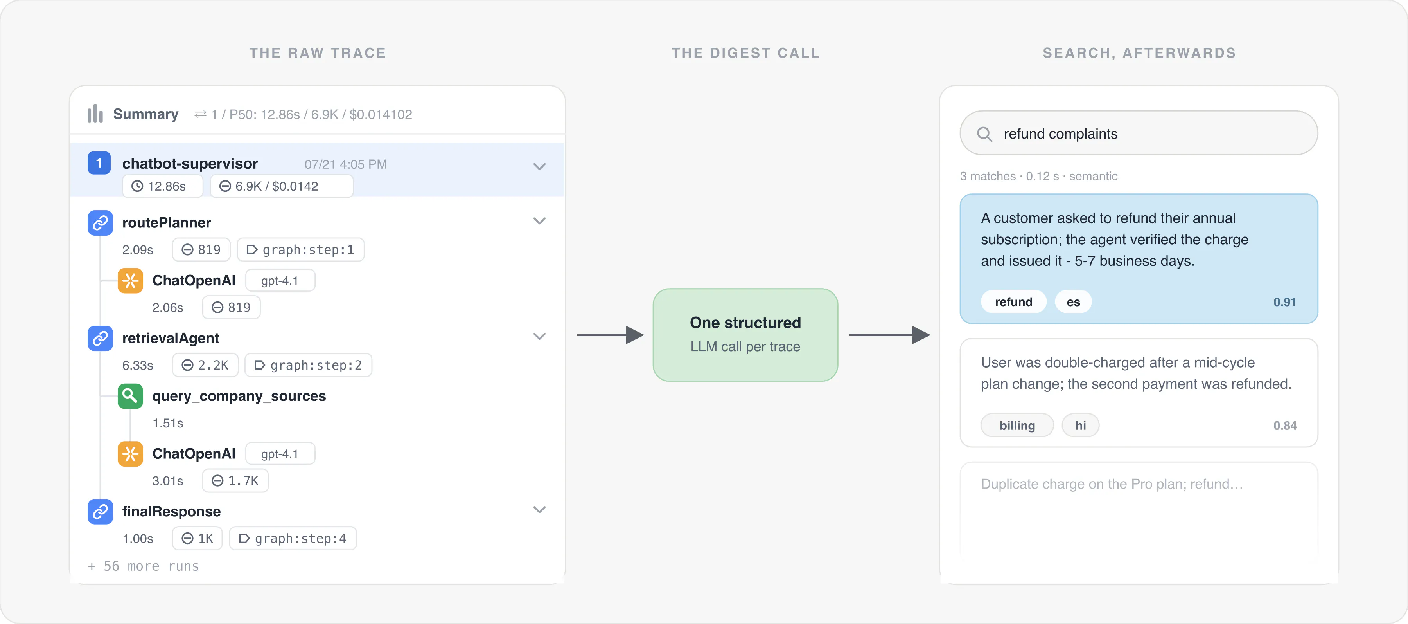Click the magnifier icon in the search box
984,134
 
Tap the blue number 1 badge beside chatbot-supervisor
99,163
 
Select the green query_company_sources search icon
130,396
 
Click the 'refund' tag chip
1013,302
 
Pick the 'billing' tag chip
1017,426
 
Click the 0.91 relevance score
1284,302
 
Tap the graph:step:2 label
308,365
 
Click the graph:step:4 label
293,539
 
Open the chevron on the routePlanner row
539,221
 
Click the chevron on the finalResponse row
539,510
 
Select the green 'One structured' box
745,335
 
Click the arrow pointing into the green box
611,335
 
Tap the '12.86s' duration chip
162,186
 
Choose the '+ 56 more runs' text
143,566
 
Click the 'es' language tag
1073,302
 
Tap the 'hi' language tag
1081,426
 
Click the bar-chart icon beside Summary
95,114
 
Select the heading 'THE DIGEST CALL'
745,53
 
